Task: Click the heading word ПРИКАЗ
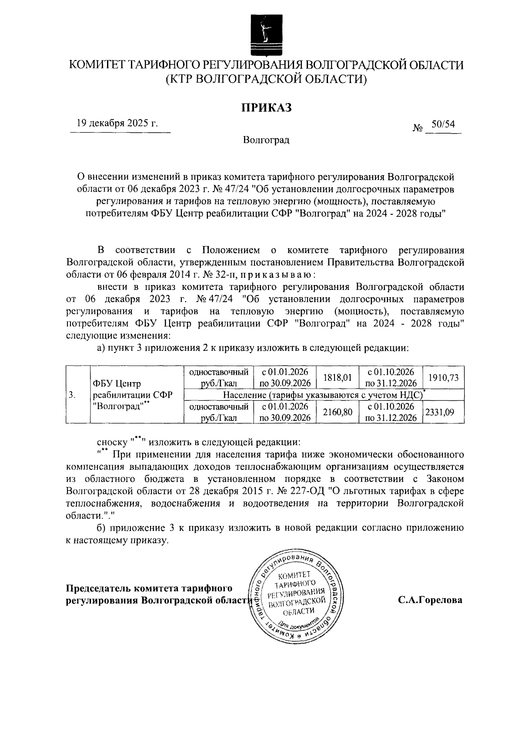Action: click(x=266, y=107)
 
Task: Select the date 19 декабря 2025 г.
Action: click(x=117, y=123)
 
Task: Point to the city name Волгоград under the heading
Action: click(x=266, y=140)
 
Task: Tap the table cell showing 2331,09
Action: click(x=440, y=412)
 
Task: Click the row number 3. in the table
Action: click(x=72, y=395)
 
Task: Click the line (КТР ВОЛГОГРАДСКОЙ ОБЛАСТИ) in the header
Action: click(x=266, y=79)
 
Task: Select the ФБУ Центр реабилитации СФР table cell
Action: click(x=133, y=395)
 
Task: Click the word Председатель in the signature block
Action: click(x=98, y=589)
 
